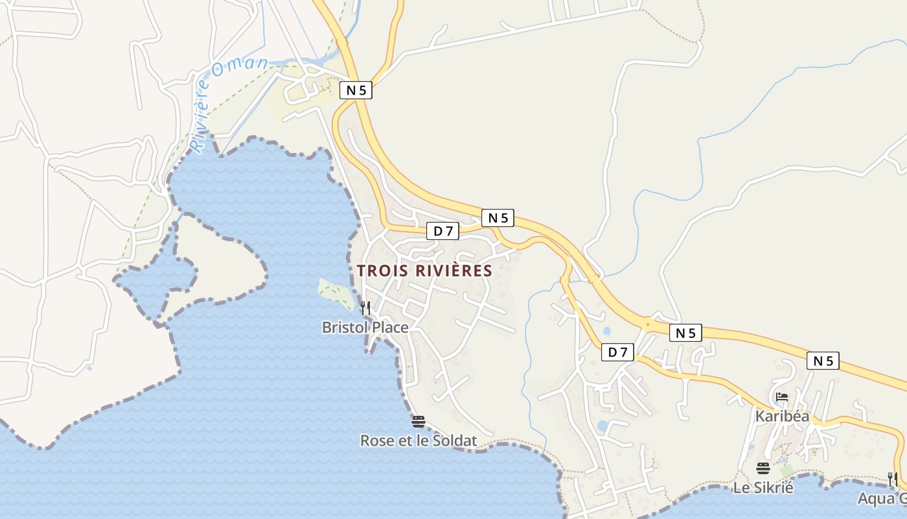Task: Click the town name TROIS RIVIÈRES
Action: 424,271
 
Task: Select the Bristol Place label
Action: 365,328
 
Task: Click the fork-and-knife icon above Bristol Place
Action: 365,308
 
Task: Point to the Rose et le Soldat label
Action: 418,441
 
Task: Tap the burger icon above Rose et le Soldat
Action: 418,422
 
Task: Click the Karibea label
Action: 782,416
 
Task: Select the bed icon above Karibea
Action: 782,397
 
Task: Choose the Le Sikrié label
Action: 763,487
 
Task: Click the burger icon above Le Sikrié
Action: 763,468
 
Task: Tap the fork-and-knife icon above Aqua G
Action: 893,479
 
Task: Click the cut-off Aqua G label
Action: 882,499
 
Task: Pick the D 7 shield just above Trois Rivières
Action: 443,230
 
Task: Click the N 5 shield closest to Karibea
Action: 823,361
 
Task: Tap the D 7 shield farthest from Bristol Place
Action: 617,352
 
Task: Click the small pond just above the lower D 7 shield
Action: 606,331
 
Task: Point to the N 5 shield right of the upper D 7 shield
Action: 498,218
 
